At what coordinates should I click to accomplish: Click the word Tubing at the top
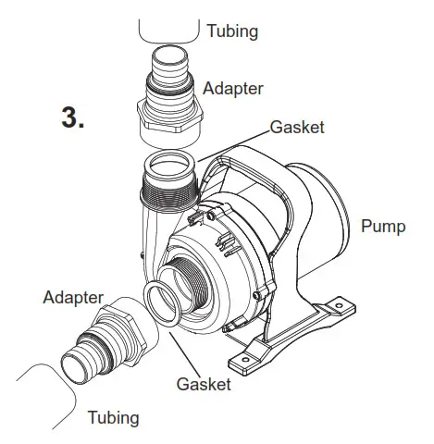pos(231,31)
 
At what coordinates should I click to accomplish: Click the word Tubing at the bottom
pos(113,417)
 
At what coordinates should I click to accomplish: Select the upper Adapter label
pos(234,89)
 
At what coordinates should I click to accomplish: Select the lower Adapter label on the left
pos(71,297)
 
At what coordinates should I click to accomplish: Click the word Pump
pos(382,227)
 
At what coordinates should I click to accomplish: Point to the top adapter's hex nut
pos(169,120)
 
